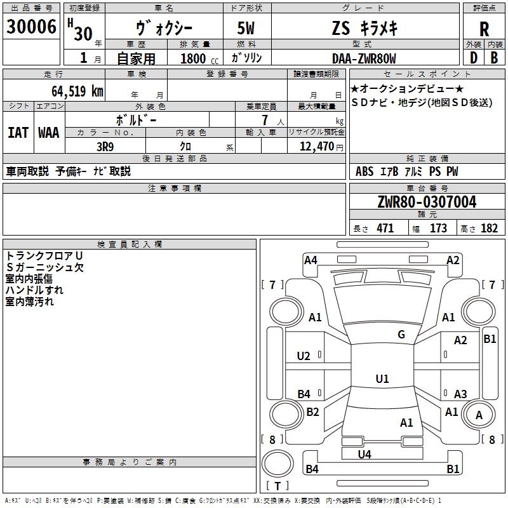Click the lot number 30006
click(31, 27)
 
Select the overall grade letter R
click(484, 29)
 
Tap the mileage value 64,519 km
click(77, 91)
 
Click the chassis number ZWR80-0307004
click(427, 202)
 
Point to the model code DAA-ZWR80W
click(364, 58)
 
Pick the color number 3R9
click(105, 147)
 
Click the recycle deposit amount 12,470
click(316, 147)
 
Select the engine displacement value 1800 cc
click(199, 58)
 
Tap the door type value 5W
click(246, 28)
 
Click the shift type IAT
click(18, 133)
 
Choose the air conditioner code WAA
click(49, 133)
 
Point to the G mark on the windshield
click(401, 335)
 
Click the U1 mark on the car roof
click(382, 378)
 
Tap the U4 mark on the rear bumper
click(364, 454)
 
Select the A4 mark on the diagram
click(311, 260)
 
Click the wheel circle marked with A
click(479, 414)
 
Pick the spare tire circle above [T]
click(277, 464)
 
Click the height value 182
click(489, 228)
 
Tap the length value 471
click(385, 228)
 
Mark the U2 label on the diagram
click(304, 356)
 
